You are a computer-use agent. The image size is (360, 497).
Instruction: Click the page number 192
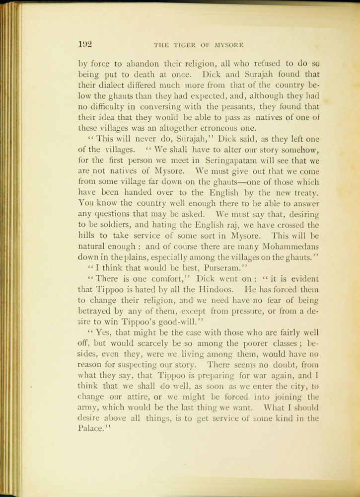click(x=85, y=44)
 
